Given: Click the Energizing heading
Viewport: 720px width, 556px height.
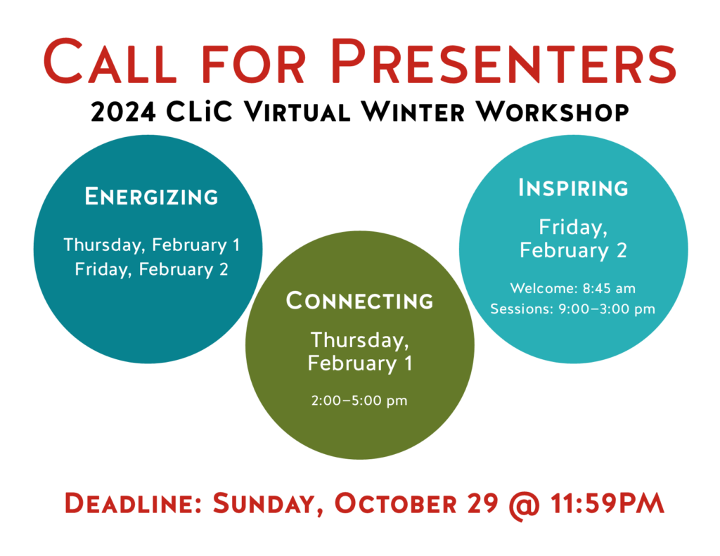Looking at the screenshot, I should tap(151, 197).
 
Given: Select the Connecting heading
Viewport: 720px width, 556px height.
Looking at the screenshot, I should tap(359, 301).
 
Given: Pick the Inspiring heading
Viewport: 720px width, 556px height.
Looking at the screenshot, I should tap(573, 188).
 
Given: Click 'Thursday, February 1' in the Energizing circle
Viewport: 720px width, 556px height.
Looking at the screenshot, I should tap(151, 245).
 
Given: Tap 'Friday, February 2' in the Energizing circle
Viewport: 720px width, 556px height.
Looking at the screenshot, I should tap(151, 269).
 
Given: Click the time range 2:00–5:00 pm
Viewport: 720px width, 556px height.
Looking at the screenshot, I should tap(359, 401).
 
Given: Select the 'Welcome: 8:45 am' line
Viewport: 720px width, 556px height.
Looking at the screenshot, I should tap(573, 287).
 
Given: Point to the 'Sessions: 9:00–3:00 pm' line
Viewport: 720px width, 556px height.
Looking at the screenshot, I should tap(573, 309).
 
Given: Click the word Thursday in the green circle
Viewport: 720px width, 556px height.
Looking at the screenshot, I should tap(359, 340).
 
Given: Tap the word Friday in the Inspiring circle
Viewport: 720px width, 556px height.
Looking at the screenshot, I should tap(572, 227).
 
